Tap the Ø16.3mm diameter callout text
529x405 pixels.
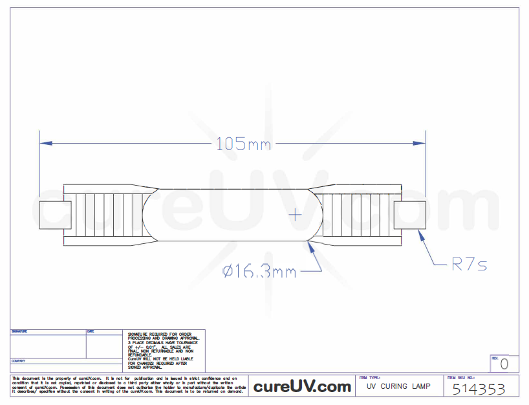point(259,272)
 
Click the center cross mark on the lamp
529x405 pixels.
point(296,213)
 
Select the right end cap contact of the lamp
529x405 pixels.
point(410,214)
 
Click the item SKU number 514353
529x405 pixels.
point(478,389)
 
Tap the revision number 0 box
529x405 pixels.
point(504,364)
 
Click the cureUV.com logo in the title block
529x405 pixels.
point(301,387)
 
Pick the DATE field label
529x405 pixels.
point(91,331)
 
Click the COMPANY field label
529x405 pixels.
point(19,361)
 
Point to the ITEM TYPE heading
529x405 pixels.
point(370,377)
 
